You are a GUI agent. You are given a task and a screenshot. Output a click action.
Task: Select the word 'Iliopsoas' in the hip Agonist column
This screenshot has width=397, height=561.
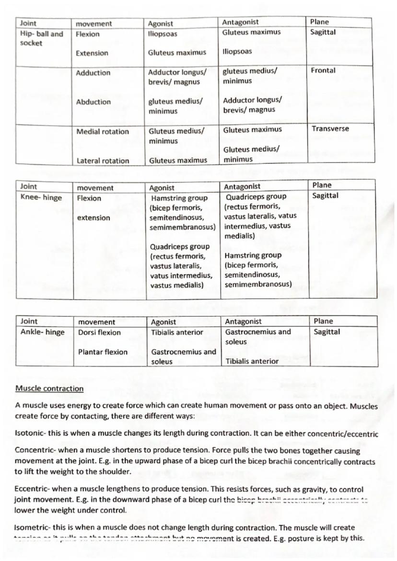163,34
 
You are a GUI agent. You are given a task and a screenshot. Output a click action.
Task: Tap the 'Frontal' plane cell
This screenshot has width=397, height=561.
323,70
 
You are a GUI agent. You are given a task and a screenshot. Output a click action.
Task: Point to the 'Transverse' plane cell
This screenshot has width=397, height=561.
330,129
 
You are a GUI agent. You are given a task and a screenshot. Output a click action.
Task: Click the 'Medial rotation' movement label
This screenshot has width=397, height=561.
103,132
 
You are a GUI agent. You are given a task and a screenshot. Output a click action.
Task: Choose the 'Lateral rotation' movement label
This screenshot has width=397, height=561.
103,161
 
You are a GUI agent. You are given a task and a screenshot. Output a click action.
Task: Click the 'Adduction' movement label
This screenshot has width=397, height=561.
93,73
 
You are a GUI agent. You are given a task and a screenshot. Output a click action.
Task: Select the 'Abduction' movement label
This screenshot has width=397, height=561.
93,102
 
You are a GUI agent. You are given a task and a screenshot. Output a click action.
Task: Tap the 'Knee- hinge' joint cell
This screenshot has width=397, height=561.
41,198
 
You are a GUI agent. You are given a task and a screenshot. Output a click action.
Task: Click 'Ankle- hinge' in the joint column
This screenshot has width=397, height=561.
42,332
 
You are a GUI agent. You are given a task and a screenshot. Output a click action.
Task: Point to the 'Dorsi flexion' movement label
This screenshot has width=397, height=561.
99,332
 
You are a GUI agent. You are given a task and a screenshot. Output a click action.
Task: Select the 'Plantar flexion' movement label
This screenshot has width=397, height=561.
103,352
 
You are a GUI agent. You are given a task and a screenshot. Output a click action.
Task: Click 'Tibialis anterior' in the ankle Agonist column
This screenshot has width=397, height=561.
177,332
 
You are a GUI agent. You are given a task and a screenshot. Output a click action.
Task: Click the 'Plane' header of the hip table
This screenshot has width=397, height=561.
320,22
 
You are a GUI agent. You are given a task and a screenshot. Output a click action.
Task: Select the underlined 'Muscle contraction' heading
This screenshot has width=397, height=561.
49,389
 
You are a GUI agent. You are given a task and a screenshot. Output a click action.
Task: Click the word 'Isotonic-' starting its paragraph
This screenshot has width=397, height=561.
31,434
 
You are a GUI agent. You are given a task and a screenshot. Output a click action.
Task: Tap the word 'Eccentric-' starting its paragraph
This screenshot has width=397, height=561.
32,491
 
